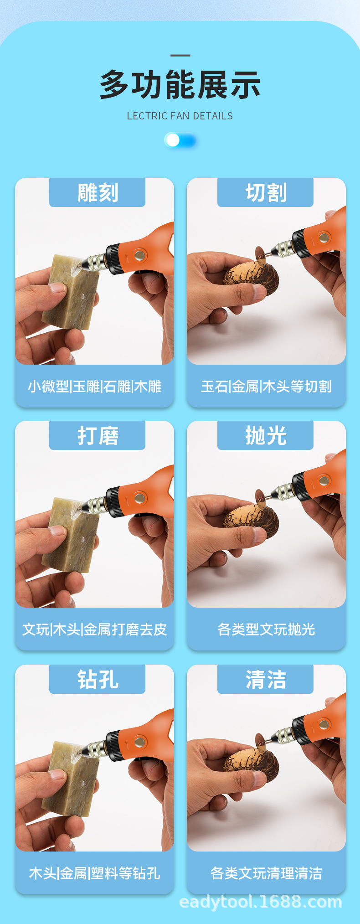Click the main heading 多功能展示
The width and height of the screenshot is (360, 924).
click(180, 85)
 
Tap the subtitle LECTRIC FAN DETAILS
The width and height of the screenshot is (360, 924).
click(180, 116)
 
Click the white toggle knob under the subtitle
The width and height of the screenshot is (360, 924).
click(173, 140)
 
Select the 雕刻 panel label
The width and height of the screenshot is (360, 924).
click(97, 192)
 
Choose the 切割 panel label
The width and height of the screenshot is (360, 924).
click(266, 192)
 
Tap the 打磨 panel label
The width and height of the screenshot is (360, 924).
click(97, 435)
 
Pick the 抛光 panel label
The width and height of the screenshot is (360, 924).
click(266, 435)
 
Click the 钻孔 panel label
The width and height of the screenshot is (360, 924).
click(97, 679)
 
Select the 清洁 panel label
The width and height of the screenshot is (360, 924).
click(266, 679)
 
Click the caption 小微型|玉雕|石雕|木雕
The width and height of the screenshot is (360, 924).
click(94, 387)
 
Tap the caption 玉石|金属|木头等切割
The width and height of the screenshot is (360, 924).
click(266, 387)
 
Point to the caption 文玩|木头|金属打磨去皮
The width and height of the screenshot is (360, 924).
click(94, 630)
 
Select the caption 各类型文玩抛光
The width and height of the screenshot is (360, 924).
click(266, 630)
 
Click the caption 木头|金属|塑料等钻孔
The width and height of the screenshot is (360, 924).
click(94, 873)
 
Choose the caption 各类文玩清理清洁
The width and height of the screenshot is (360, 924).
click(266, 873)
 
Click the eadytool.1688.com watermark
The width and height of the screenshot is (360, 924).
click(261, 902)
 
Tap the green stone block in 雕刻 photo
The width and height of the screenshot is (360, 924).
click(71, 292)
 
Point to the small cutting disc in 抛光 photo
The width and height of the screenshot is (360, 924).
click(260, 498)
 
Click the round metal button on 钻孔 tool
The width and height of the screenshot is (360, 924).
click(139, 742)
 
